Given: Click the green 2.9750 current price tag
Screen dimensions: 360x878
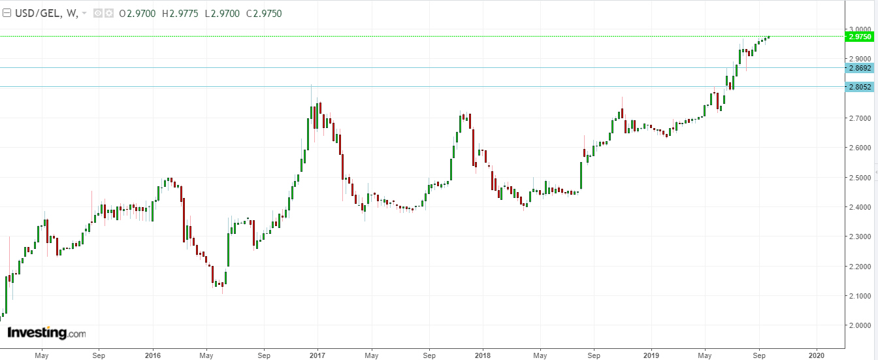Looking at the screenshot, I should (x=859, y=37).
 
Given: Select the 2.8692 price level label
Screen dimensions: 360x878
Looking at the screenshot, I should (x=859, y=67).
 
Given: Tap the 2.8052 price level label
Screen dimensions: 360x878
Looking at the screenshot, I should (x=859, y=87).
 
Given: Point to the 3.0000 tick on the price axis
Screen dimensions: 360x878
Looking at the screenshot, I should (x=859, y=29).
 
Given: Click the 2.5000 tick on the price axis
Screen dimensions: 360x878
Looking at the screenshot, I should (x=859, y=178).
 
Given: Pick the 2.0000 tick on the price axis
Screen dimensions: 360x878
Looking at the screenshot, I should (x=859, y=325).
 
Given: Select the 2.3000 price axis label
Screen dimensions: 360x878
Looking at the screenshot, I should (x=859, y=237).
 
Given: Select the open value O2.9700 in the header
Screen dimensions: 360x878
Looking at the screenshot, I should (x=137, y=13).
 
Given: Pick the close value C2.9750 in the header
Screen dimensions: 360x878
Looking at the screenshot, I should (x=263, y=13).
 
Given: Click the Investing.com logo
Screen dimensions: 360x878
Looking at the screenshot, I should (x=46, y=333).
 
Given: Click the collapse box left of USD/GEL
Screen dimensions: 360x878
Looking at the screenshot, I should (x=7, y=13).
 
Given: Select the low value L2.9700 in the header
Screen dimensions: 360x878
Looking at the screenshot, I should (x=222, y=13).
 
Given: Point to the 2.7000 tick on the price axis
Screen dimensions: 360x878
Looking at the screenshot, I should (x=859, y=119).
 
